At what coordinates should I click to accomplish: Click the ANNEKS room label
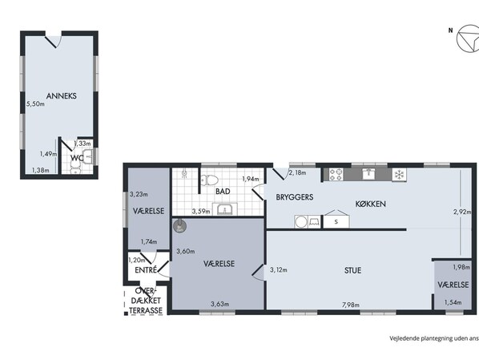62,95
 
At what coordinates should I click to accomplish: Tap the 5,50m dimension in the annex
35,103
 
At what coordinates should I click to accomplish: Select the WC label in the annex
77,158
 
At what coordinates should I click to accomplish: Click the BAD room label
223,192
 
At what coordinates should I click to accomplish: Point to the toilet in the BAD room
209,180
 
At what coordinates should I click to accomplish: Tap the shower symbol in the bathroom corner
184,173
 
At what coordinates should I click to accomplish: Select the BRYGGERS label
295,197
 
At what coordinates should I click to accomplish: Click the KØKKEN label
371,204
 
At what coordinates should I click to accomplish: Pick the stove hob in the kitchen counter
336,175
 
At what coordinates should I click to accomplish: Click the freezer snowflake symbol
399,175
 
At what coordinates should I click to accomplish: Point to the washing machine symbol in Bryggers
302,222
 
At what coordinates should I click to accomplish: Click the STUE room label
352,270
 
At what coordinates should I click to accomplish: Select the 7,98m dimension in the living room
350,305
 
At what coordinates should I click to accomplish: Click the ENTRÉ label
146,270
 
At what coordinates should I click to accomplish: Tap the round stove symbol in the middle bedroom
179,226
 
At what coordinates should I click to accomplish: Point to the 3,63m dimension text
220,304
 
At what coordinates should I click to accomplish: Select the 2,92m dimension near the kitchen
462,212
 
